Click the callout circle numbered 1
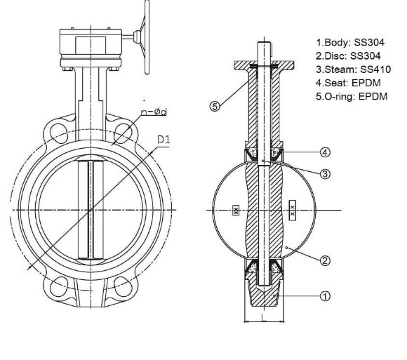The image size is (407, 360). click(x=325, y=296)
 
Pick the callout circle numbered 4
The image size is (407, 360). click(x=325, y=152)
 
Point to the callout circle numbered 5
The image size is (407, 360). click(x=215, y=106)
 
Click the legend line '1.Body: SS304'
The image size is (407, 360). click(x=347, y=42)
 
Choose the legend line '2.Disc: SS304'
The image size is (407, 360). click(x=346, y=55)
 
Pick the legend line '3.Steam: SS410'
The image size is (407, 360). click(x=349, y=69)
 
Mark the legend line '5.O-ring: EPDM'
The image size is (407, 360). click(x=351, y=95)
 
